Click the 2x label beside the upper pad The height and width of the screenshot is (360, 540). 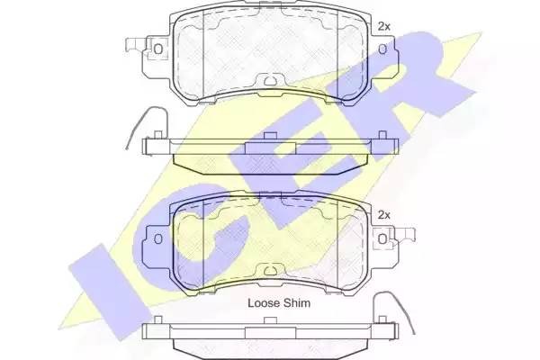[x=384, y=26]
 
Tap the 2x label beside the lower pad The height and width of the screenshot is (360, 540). [x=384, y=215]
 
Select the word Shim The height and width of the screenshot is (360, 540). [x=298, y=303]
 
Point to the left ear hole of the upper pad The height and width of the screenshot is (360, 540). [x=158, y=48]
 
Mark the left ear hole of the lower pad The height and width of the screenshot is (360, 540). [x=158, y=237]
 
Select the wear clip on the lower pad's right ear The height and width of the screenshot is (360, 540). [x=401, y=238]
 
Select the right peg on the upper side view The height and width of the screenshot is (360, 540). [x=382, y=136]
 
